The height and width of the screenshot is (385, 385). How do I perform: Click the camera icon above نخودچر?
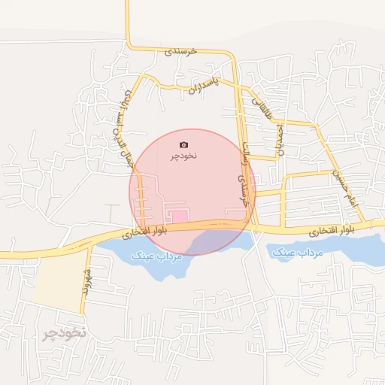pyautogui.click(x=184, y=144)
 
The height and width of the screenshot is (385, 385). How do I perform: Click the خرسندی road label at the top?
pyautogui.click(x=180, y=50)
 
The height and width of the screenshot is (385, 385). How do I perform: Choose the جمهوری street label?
pyautogui.click(x=280, y=140)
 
